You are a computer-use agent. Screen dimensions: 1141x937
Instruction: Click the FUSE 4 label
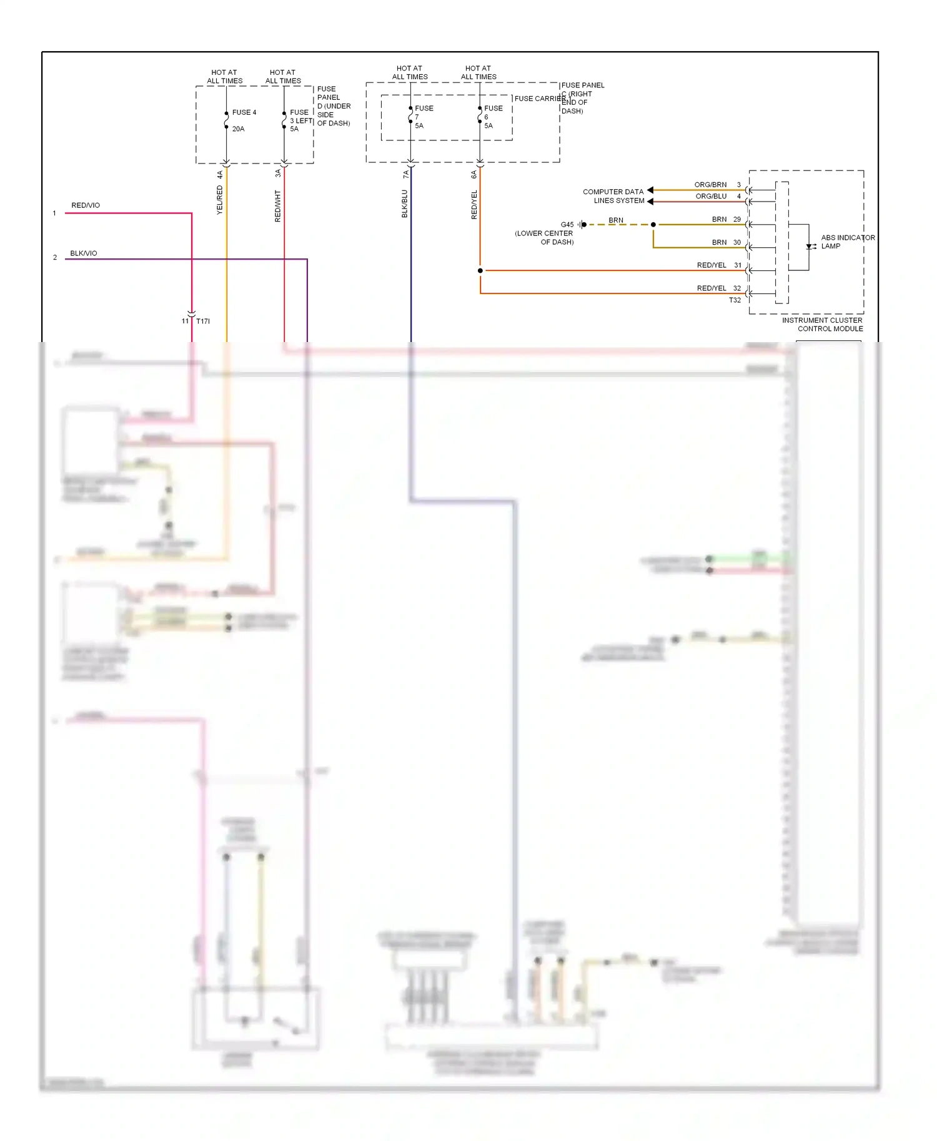[x=244, y=112]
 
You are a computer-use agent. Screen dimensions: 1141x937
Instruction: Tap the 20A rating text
[x=238, y=129]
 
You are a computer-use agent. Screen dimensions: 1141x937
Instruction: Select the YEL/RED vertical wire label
[x=220, y=200]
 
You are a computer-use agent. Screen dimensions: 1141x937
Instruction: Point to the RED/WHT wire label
[x=278, y=206]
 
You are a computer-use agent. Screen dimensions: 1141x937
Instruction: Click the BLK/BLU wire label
[x=404, y=204]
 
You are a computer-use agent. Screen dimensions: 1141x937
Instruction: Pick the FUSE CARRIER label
[x=539, y=99]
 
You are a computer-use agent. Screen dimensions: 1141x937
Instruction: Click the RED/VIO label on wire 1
[x=86, y=205]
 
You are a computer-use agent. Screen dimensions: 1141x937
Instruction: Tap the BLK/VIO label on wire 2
[x=84, y=253]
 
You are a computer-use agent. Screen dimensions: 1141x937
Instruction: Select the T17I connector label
[x=203, y=321]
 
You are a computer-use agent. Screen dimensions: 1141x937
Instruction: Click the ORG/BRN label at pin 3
[x=710, y=185]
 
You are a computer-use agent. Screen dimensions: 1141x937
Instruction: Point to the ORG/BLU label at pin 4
[x=711, y=196]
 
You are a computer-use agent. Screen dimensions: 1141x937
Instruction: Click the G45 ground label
[x=567, y=225]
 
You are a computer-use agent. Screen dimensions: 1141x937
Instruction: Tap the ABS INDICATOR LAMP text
[x=847, y=242]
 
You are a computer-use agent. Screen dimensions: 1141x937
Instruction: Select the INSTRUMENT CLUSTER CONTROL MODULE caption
[x=823, y=325]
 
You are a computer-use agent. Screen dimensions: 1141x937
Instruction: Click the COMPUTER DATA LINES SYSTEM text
[x=614, y=196]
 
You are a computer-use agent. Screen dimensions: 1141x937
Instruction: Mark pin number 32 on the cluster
[x=737, y=288]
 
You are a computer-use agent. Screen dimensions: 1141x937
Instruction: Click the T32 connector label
[x=735, y=300]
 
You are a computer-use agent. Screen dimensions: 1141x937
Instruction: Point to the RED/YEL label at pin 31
[x=711, y=265]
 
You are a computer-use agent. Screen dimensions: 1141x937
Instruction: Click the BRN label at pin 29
[x=719, y=219]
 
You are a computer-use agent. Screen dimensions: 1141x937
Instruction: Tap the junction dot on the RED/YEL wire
[x=480, y=271]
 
